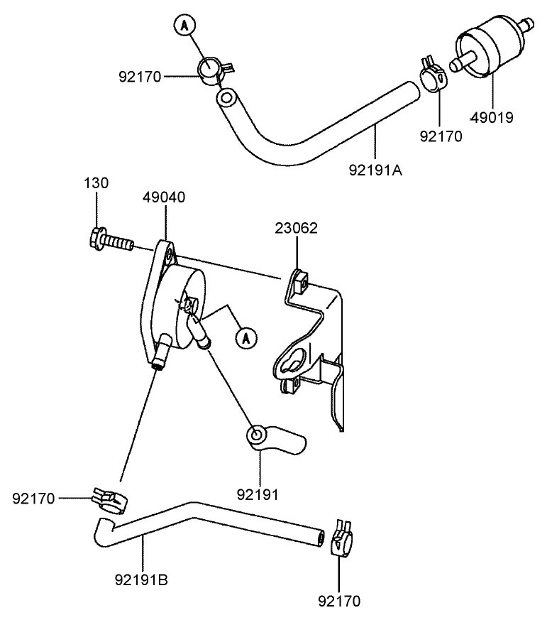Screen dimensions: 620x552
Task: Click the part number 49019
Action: (x=494, y=117)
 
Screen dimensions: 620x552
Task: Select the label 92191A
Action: (x=376, y=170)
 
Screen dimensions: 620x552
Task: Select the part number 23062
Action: (x=297, y=229)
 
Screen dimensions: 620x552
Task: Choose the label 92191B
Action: (x=142, y=580)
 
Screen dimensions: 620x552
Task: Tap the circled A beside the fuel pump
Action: (x=245, y=337)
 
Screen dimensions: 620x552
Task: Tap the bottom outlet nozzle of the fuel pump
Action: (x=160, y=355)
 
